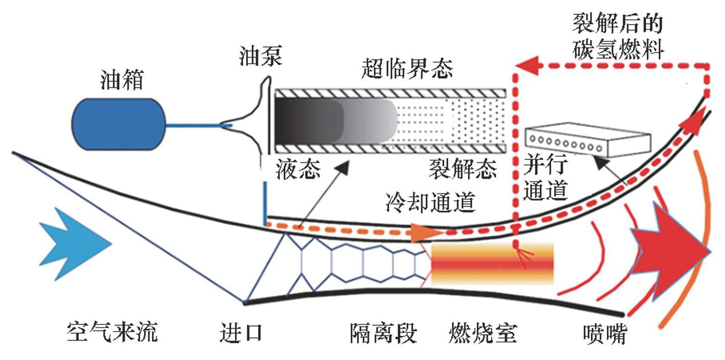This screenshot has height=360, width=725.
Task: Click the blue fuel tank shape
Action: [x=119, y=124]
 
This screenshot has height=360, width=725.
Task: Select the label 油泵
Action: [x=260, y=56]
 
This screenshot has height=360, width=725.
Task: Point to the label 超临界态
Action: [x=407, y=69]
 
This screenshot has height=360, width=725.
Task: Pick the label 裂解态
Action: [x=462, y=169]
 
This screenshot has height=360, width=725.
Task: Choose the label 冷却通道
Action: [x=430, y=203]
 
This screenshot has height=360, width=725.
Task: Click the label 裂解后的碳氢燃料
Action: [x=618, y=37]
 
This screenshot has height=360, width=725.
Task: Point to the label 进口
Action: [x=241, y=332]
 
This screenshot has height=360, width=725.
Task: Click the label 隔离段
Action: [x=384, y=333]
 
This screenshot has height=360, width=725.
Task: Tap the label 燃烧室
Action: [x=482, y=333]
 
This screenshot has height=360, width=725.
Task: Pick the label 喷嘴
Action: [x=604, y=334]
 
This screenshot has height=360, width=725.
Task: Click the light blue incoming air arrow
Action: [x=74, y=243]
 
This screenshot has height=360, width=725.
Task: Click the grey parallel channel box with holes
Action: [x=587, y=140]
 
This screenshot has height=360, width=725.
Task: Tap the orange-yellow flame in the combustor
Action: [x=492, y=264]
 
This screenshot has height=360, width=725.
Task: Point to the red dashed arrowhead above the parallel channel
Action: [x=527, y=65]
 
